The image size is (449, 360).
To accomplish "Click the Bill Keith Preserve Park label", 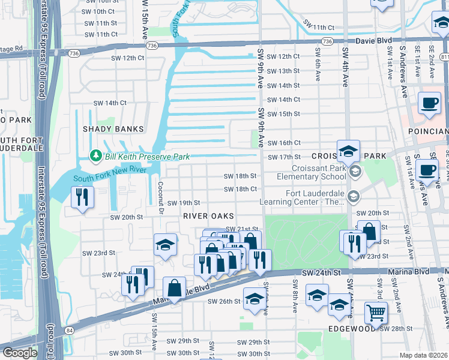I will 148,157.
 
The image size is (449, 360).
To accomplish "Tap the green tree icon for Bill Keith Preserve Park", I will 95,156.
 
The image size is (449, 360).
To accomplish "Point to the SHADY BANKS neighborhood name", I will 114,129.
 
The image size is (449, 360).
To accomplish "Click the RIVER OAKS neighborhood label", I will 208,216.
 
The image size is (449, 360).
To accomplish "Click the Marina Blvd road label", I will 411,272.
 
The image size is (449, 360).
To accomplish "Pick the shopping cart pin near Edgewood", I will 376,313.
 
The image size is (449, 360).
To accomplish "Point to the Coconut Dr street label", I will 161,197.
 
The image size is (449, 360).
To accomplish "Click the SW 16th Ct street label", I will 283,143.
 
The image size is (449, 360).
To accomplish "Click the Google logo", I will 20,353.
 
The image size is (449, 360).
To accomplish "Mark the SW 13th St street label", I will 283,71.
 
